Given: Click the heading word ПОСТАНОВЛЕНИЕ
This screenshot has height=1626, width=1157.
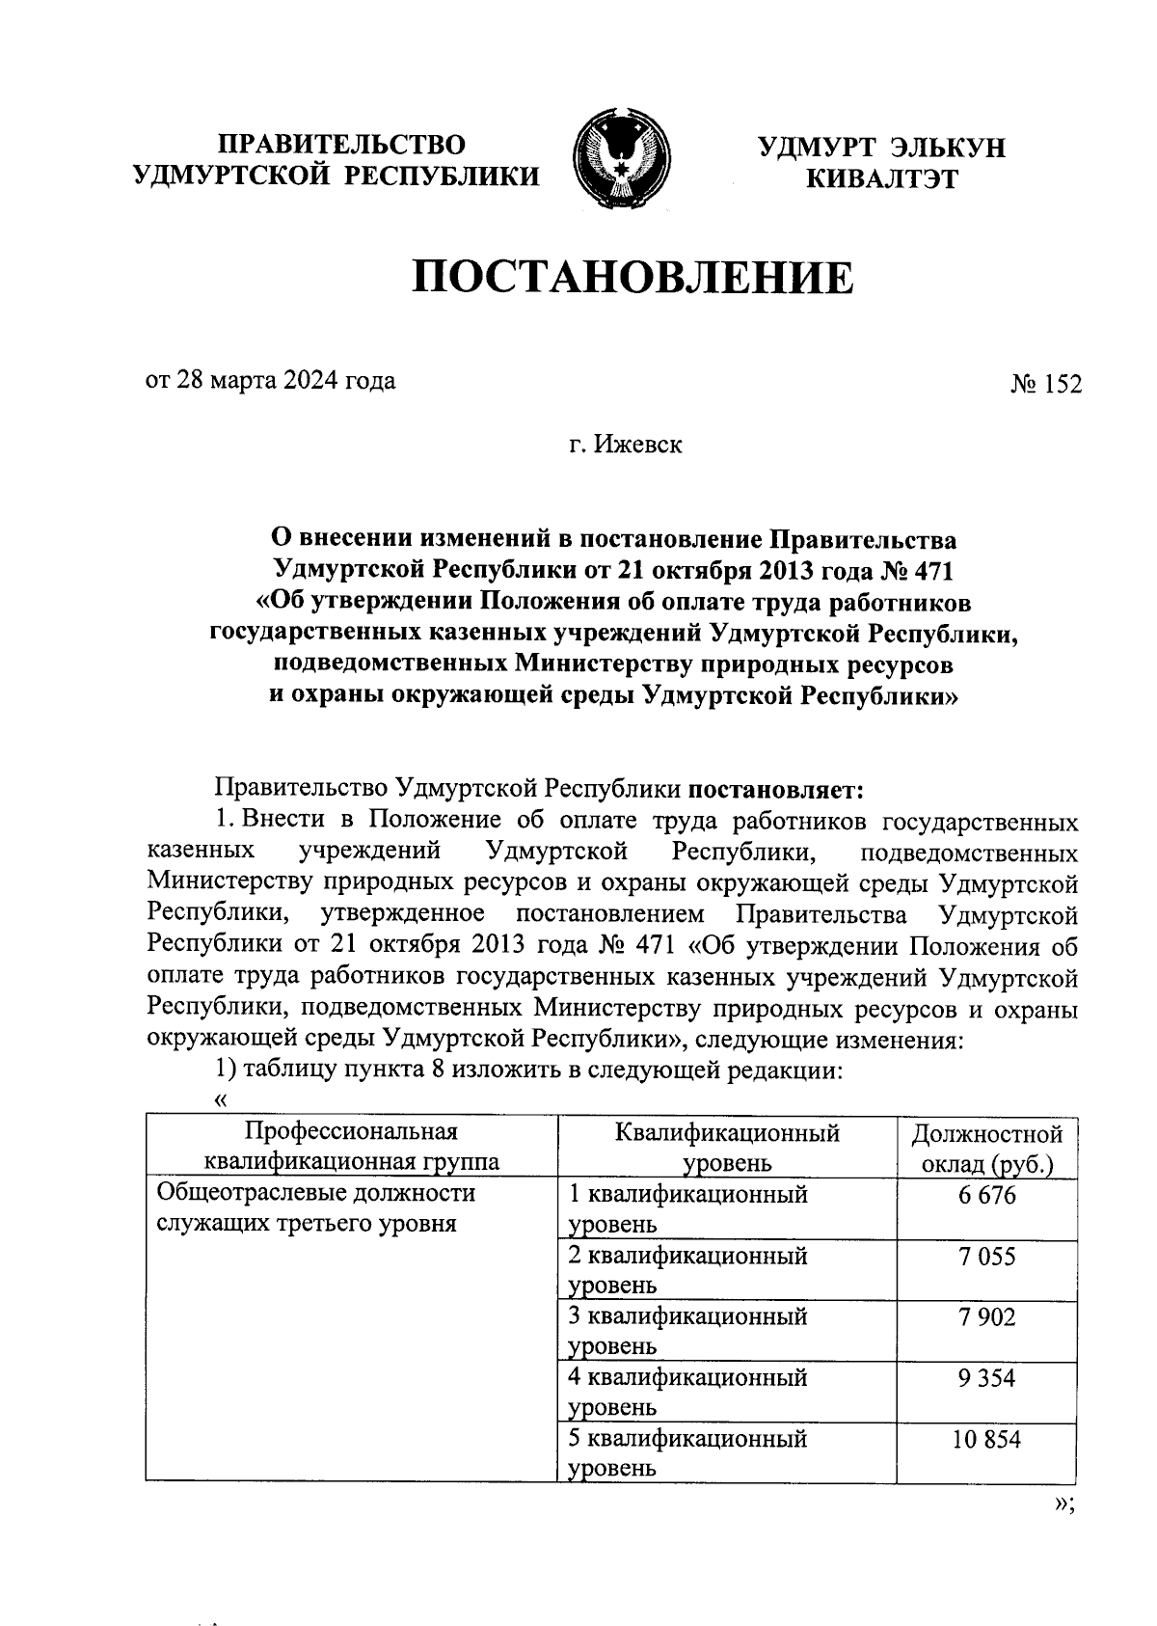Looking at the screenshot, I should pyautogui.click(x=633, y=278).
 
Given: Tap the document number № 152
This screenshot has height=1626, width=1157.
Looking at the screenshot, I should pyautogui.click(x=1045, y=384).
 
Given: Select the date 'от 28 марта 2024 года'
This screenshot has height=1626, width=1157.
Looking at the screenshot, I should pyautogui.click(x=270, y=381).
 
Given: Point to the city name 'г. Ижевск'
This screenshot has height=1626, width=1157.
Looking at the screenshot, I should pyautogui.click(x=624, y=446).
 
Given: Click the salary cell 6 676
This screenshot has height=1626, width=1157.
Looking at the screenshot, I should pyautogui.click(x=986, y=1197).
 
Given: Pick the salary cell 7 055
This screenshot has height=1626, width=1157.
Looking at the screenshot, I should pyautogui.click(x=986, y=1257).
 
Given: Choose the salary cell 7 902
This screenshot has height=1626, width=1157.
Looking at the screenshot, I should pyautogui.click(x=986, y=1317).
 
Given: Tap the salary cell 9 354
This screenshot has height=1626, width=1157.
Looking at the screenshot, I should pyautogui.click(x=986, y=1378).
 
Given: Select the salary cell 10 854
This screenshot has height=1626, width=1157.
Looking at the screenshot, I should pyautogui.click(x=986, y=1439).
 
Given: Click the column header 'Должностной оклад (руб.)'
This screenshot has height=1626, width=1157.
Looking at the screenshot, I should pyautogui.click(x=986, y=1149).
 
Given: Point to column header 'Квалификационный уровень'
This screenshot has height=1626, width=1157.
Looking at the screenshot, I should pyautogui.click(x=727, y=1149).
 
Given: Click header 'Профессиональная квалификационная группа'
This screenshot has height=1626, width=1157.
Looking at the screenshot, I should pyautogui.click(x=350, y=1147).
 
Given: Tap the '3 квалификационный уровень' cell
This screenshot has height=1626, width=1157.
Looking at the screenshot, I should pyautogui.click(x=687, y=1331).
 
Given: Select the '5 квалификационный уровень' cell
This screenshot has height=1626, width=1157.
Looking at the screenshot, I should pyautogui.click(x=687, y=1452).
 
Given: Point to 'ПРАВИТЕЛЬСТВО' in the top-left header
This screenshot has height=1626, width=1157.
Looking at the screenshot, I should pyautogui.click(x=341, y=145).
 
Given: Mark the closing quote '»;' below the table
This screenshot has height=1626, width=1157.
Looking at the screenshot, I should pyautogui.click(x=1063, y=1503).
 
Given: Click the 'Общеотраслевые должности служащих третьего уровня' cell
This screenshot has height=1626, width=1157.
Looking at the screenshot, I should pyautogui.click(x=316, y=1208).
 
